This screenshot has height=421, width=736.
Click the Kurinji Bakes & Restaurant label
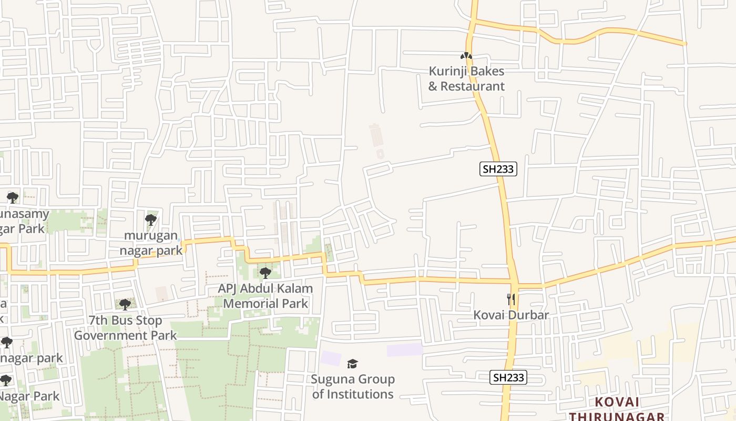(x=466, y=78)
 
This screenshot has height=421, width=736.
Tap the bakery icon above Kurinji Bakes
(x=466, y=56)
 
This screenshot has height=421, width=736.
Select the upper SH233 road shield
(x=498, y=169)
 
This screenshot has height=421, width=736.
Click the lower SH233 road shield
(x=508, y=377)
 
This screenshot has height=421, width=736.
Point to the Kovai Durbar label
(x=511, y=315)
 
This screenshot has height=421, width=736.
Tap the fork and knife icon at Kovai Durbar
(x=511, y=299)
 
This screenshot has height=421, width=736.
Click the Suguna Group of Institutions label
(x=353, y=386)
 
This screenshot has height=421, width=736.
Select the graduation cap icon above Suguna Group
(x=352, y=364)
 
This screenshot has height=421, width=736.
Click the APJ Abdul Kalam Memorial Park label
(x=265, y=296)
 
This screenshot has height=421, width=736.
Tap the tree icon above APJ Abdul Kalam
(x=265, y=273)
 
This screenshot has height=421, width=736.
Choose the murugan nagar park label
(x=151, y=243)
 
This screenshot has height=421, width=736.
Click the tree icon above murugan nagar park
(x=151, y=219)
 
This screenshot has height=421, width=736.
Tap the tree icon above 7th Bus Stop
(x=125, y=304)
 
